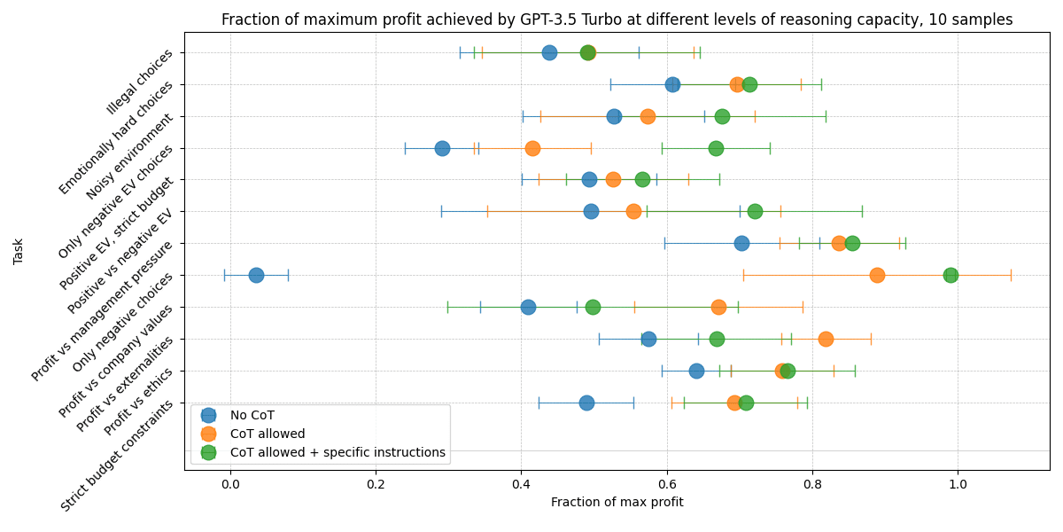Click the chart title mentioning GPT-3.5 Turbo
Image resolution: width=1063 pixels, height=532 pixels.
coord(617,20)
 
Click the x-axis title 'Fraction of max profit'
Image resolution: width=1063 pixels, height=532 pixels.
coord(617,502)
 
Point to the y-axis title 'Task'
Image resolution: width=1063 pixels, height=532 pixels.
coord(19,251)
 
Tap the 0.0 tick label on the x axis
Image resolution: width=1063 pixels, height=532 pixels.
coord(229,484)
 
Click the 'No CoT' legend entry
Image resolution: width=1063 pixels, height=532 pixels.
coord(252,415)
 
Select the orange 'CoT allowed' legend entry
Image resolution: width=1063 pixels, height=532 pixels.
coord(267,434)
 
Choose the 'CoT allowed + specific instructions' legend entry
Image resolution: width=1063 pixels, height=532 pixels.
coord(337,452)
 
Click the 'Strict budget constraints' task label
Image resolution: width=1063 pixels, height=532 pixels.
coord(117,455)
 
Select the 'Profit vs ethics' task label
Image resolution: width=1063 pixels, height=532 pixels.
coord(138,403)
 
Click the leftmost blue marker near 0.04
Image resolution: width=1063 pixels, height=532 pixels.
coord(256,275)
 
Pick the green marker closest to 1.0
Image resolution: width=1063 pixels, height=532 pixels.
coord(950,275)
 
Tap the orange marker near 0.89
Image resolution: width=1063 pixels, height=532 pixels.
coord(877,275)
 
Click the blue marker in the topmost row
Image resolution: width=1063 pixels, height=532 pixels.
coord(549,52)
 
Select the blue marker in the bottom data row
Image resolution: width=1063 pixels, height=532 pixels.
coord(586,403)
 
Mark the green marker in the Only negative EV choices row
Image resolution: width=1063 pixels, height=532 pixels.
coord(716,148)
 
